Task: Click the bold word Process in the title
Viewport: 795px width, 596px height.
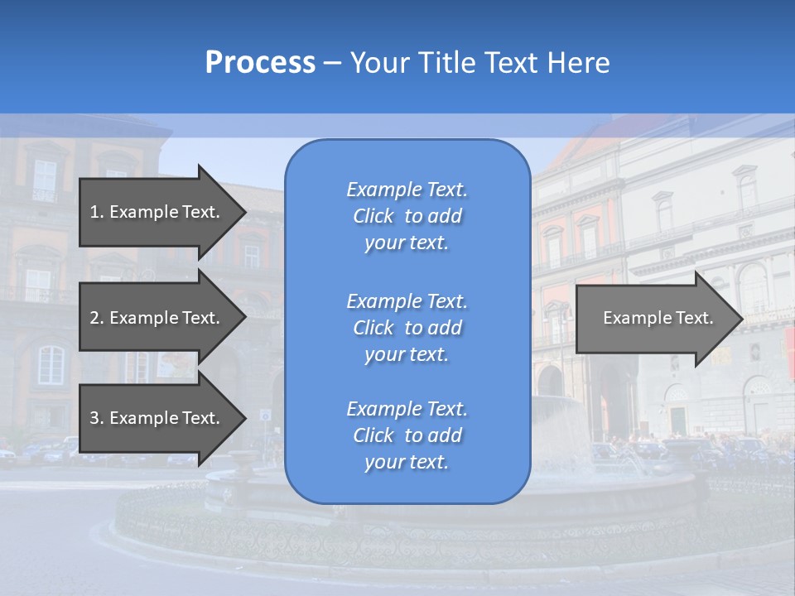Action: coord(260,63)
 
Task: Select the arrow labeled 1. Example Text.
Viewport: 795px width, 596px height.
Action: coord(157,212)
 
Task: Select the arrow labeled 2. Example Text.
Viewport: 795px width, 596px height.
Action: coord(157,318)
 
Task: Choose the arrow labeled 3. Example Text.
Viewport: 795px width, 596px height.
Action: coord(157,418)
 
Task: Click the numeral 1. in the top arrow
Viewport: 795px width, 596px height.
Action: coord(96,212)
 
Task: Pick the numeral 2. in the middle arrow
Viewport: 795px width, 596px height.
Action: coord(96,318)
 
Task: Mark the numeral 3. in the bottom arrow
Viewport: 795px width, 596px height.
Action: coord(96,418)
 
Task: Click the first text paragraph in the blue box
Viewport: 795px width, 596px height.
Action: coord(407,216)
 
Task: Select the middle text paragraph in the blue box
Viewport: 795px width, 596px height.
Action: coord(407,328)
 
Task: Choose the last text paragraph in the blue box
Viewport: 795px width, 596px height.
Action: coord(407,435)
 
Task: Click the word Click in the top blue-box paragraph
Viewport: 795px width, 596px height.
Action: coord(373,216)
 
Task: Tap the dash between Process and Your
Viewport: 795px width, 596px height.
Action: coord(332,63)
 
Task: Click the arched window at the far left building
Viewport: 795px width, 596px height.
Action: coord(51,364)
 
